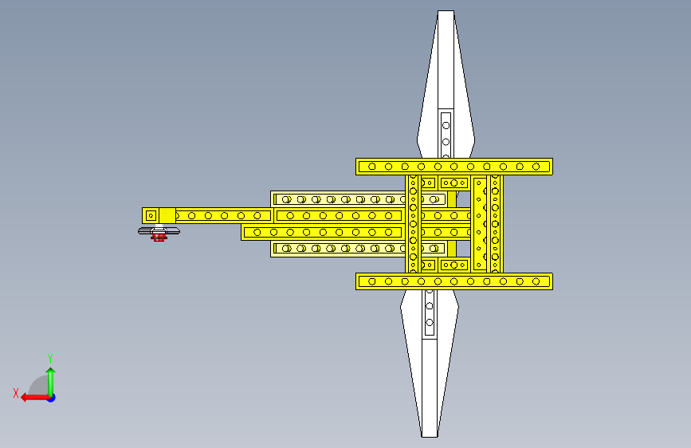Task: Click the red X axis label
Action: pyautogui.click(x=15, y=392)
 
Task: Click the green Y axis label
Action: pyautogui.click(x=50, y=358)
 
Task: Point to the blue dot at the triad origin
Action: pyautogui.click(x=50, y=397)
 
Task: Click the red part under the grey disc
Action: pyautogui.click(x=159, y=238)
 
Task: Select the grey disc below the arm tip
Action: pyautogui.click(x=159, y=230)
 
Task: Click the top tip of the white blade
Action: pyautogui.click(x=446, y=13)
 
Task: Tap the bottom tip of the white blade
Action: pyautogui.click(x=430, y=434)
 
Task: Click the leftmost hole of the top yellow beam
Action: pyautogui.click(x=371, y=167)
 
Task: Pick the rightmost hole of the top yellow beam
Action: pyautogui.click(x=536, y=167)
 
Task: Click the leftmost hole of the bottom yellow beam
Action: pyautogui.click(x=371, y=281)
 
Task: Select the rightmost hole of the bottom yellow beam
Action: pyautogui.click(x=536, y=281)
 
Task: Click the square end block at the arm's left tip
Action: pyautogui.click(x=150, y=215)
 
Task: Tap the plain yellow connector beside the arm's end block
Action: pyautogui.click(x=167, y=215)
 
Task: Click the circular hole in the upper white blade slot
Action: pyautogui.click(x=446, y=124)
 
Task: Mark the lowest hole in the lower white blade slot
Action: pyautogui.click(x=430, y=323)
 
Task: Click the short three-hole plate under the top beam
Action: pyautogui.click(x=454, y=183)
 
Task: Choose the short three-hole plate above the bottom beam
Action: pyautogui.click(x=454, y=265)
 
